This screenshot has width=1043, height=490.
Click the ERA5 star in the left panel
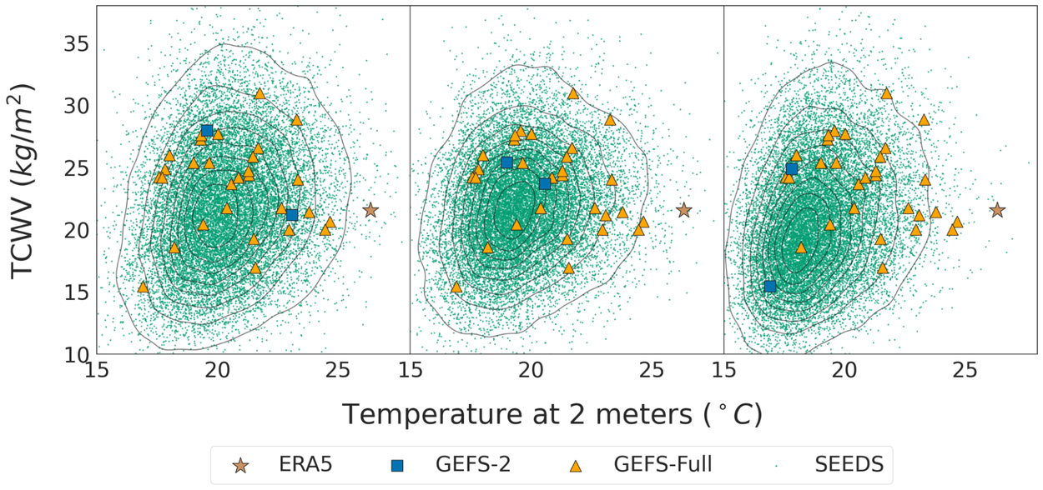370,211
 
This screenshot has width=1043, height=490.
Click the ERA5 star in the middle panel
684,211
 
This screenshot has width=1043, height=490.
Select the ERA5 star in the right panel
996,210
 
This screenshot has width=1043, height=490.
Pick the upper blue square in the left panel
207,131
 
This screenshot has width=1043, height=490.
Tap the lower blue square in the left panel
292,215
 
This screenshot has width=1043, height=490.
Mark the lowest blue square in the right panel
770,287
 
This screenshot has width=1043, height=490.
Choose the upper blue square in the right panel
792,169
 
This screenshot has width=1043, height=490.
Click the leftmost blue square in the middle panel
506,162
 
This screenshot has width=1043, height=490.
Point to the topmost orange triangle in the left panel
259,93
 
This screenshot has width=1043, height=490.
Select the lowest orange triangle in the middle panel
456,287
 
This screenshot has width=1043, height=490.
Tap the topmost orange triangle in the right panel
886,93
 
